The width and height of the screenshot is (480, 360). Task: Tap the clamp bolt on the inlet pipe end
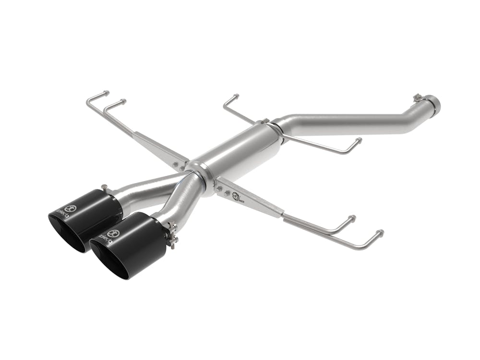click(417, 98)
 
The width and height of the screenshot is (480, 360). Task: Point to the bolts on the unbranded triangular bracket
click(178, 166)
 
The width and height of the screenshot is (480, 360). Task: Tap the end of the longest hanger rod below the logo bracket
click(381, 233)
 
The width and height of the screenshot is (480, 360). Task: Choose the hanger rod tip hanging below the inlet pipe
click(358, 140)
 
